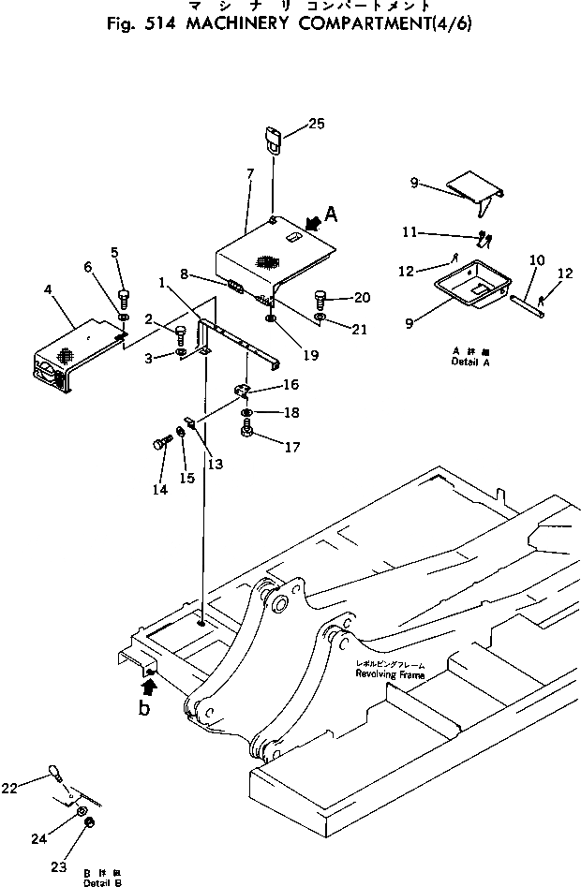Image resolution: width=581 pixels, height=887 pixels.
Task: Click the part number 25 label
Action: [318, 125]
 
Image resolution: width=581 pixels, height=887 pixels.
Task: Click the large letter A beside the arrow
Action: [331, 214]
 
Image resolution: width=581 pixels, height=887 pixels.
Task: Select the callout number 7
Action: [250, 175]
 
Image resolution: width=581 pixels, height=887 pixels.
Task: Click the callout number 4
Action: [48, 289]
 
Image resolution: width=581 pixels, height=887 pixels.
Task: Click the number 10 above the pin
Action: [537, 259]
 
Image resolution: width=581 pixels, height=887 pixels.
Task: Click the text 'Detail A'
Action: [466, 361]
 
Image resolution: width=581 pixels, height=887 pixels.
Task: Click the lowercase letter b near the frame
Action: [144, 708]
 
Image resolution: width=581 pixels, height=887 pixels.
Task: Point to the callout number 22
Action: [35, 789]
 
